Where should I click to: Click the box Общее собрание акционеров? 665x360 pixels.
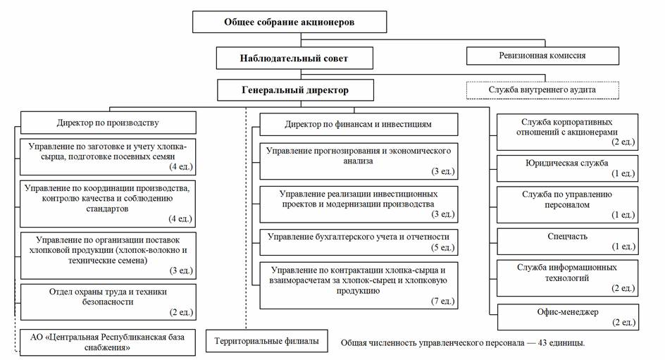(x=290, y=22)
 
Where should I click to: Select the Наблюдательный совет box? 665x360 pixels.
(x=293, y=58)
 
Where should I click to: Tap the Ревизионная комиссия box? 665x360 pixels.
(x=542, y=55)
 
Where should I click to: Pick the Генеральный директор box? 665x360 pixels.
(x=294, y=91)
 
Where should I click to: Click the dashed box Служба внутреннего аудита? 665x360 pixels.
(x=542, y=90)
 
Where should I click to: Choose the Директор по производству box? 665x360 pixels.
(x=107, y=123)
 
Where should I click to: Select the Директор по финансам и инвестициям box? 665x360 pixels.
(x=358, y=125)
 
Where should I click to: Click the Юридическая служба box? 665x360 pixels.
(x=567, y=168)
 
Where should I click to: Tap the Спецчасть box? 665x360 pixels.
(x=567, y=241)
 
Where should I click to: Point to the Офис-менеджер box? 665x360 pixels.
(x=567, y=316)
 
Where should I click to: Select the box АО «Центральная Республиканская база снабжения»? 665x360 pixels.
(x=107, y=342)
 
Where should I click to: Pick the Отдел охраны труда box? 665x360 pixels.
(x=107, y=302)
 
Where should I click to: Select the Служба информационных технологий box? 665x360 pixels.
(x=567, y=276)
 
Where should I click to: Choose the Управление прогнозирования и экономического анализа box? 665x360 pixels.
(x=358, y=161)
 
